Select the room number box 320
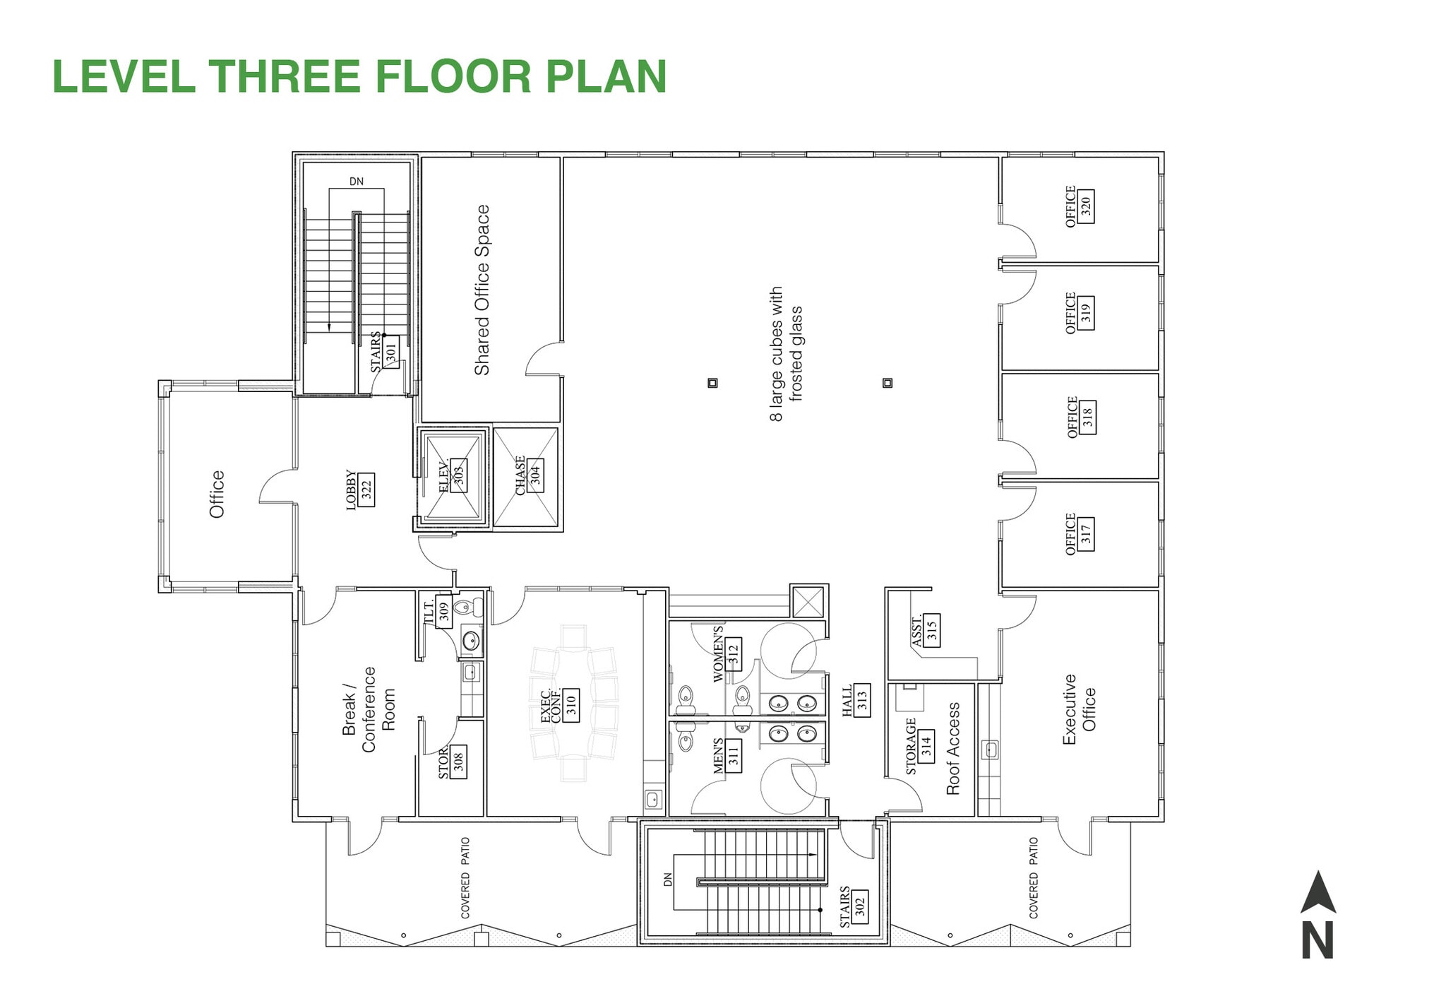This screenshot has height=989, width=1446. pyautogui.click(x=1086, y=206)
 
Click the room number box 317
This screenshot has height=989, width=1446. pyautogui.click(x=1086, y=533)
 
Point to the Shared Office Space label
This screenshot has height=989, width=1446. pyautogui.click(x=482, y=290)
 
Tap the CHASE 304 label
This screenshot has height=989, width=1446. pyautogui.click(x=528, y=475)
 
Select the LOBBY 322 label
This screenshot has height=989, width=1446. pyautogui.click(x=359, y=490)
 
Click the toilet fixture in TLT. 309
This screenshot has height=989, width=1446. pyautogui.click(x=464, y=606)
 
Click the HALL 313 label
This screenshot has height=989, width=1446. pyautogui.click(x=855, y=701)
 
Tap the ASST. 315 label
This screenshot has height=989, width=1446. pyautogui.click(x=924, y=631)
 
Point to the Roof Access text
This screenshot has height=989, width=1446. pyautogui.click(x=953, y=749)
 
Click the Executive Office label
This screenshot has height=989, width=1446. pyautogui.click(x=1079, y=709)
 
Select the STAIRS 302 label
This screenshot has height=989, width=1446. pyautogui.click(x=852, y=906)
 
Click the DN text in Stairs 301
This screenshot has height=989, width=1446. pyautogui.click(x=357, y=182)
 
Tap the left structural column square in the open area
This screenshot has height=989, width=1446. pyautogui.click(x=712, y=383)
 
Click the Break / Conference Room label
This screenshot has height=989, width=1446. pyautogui.click(x=368, y=709)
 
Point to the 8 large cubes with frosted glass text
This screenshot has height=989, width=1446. pyautogui.click(x=785, y=353)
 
